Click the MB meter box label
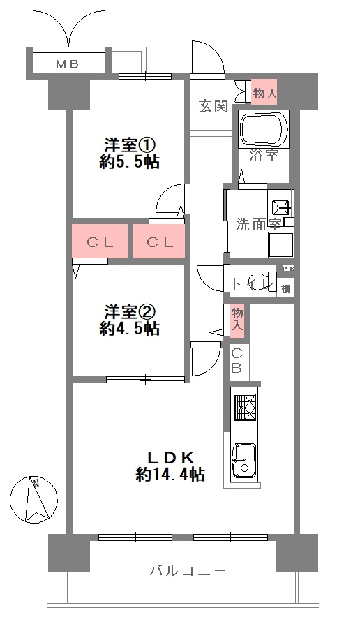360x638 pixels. pyautogui.click(x=67, y=64)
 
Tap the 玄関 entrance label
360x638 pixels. pyautogui.click(x=213, y=105)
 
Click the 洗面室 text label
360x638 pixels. pyautogui.click(x=258, y=224)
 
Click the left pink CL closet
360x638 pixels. pyautogui.click(x=99, y=242)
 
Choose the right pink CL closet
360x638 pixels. pyautogui.click(x=159, y=242)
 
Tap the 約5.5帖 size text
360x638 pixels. pyautogui.click(x=129, y=163)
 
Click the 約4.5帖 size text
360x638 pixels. pyautogui.click(x=129, y=328)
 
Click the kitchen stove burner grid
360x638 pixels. pyautogui.click(x=245, y=407)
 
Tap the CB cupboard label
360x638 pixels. pyautogui.click(x=237, y=361)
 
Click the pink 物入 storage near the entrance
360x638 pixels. pyautogui.click(x=264, y=91)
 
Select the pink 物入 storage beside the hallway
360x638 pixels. pyautogui.click(x=237, y=318)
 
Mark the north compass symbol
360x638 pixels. pyautogui.click(x=33, y=499)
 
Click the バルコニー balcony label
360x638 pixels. pyautogui.click(x=188, y=571)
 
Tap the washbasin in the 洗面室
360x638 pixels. pyautogui.click(x=282, y=208)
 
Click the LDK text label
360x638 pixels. pyautogui.click(x=169, y=458)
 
